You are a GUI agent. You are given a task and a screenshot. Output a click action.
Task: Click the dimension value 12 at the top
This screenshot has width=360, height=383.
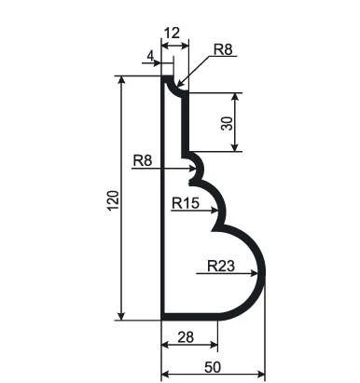172,33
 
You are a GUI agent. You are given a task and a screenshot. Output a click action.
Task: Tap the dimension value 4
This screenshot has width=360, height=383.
150,56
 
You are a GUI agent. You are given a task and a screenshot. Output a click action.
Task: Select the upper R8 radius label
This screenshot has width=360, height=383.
223,49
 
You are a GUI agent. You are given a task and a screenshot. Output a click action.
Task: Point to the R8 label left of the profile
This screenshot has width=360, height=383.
143,161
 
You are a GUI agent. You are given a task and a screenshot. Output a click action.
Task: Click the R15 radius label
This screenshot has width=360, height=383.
186,203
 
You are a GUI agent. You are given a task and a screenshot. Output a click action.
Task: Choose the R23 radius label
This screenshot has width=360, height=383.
221,266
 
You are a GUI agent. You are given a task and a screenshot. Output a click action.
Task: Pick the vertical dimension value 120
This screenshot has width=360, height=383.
113,200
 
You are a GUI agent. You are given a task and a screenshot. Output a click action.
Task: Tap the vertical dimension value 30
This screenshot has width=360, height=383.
227,123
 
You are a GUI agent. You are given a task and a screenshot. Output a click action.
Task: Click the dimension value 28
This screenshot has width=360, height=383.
186,337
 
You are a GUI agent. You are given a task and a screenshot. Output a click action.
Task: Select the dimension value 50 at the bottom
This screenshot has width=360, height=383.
213,367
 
